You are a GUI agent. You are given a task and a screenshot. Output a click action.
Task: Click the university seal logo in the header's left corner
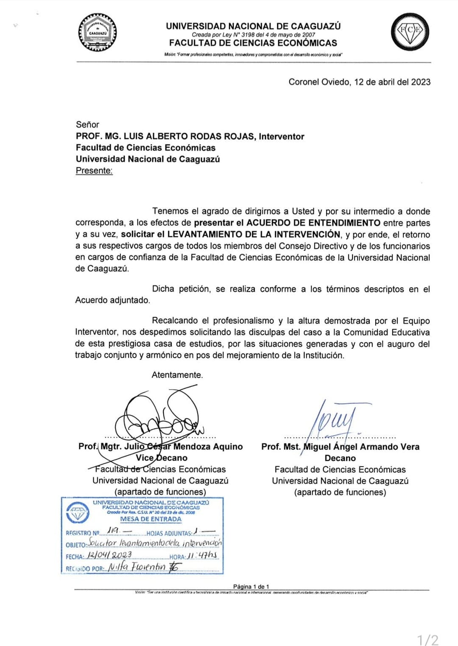98,33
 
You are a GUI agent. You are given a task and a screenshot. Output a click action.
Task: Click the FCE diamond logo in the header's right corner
409,32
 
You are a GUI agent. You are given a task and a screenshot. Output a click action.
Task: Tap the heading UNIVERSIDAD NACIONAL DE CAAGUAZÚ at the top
253,26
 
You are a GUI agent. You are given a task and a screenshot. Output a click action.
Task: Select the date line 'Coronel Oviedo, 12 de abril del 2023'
359,82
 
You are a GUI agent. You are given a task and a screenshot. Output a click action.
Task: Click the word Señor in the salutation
87,125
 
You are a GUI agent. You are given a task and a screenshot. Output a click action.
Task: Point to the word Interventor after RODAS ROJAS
282,137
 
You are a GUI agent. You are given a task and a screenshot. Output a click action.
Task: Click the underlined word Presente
94,171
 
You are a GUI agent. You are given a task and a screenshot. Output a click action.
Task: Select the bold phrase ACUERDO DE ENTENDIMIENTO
313,223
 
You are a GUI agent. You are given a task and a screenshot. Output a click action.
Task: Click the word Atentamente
177,375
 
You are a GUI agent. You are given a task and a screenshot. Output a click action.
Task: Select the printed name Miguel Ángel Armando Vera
361,447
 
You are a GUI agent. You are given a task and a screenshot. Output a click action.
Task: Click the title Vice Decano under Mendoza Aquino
162,458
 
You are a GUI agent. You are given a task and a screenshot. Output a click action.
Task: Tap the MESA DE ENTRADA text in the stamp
151,519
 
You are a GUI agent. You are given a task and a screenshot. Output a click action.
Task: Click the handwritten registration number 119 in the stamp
113,530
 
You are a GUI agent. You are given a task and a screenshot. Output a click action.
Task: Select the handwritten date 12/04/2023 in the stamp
109,555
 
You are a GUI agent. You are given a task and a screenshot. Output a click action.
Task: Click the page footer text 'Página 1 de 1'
251,587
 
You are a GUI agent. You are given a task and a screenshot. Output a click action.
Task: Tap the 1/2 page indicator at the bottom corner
428,639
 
